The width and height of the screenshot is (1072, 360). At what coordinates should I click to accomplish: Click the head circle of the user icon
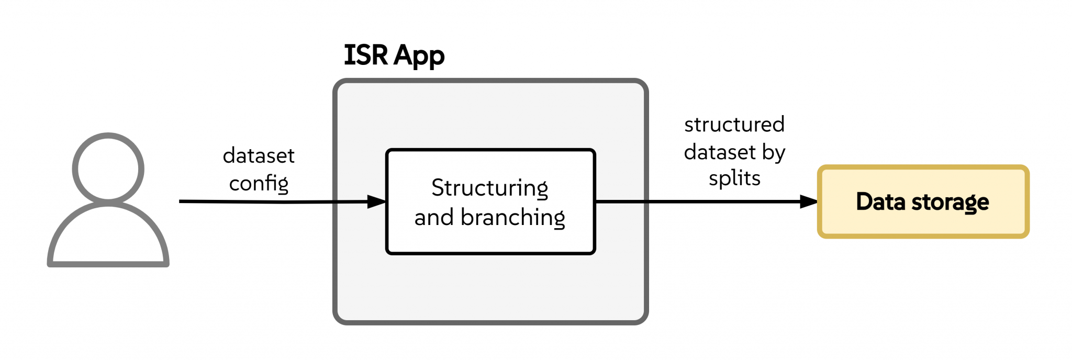(x=108, y=168)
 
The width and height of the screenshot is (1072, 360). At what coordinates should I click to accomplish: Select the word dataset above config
(x=259, y=155)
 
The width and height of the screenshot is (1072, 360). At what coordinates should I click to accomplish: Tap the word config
(x=259, y=183)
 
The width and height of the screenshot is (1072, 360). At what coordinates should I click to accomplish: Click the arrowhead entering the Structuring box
(x=377, y=201)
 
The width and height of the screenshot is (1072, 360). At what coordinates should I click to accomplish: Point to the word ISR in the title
(x=365, y=54)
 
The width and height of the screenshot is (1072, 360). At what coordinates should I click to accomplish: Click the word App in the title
(x=419, y=55)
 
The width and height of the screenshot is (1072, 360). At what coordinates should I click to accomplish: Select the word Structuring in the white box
(x=489, y=188)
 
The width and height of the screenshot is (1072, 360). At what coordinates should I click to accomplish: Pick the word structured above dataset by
(x=734, y=125)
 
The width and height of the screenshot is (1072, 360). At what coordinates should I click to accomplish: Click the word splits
(x=734, y=178)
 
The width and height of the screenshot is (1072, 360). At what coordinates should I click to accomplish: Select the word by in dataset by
(x=774, y=152)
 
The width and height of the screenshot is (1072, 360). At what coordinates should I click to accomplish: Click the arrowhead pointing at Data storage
(x=809, y=201)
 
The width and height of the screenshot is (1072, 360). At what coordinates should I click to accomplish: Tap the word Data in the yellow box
(x=880, y=201)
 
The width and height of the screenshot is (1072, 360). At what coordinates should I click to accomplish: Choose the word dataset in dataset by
(x=720, y=152)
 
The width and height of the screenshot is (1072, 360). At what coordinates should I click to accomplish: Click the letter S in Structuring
(x=438, y=187)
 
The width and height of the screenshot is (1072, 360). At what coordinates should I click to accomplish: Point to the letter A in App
(x=403, y=54)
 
